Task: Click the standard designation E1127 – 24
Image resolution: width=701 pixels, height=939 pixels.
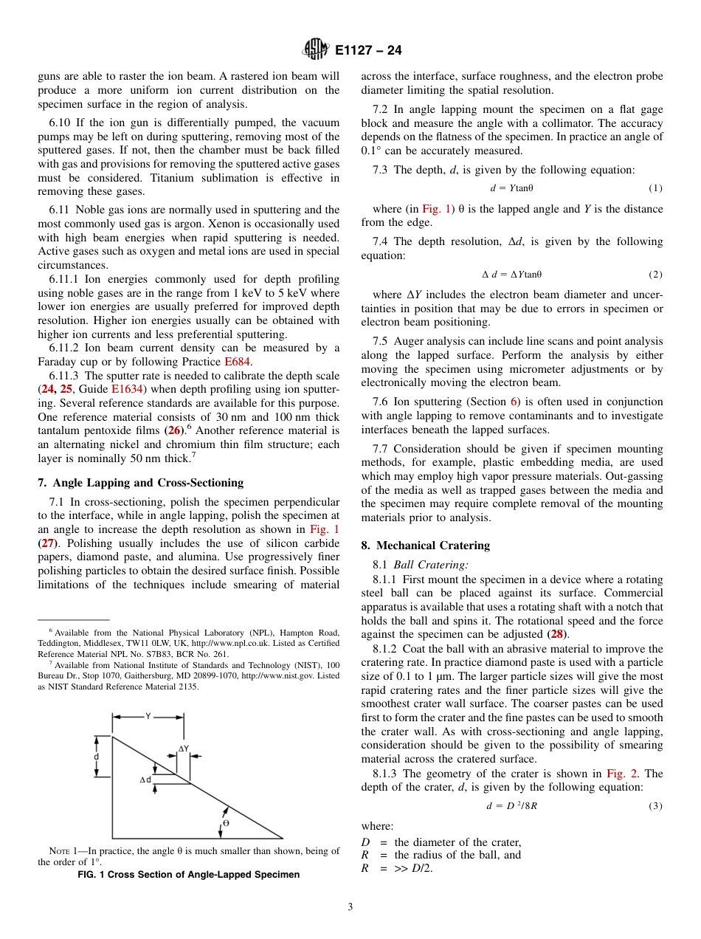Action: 368,51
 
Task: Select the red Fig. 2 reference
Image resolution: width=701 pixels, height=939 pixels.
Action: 620,774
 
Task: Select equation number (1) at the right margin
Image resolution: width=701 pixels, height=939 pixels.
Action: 655,188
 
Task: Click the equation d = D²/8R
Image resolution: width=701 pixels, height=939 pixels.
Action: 511,806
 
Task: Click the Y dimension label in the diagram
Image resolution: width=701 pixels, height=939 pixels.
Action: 147,716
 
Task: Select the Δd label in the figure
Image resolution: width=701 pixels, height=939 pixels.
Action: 146,780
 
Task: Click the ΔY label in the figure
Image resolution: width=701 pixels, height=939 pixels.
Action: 184,749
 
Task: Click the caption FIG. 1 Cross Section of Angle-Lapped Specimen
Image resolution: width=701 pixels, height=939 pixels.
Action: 189,875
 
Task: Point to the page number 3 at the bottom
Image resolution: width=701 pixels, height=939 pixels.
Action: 350,907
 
